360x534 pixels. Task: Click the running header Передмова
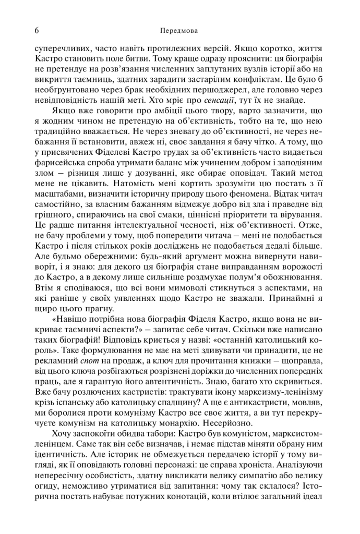pyautogui.click(x=179, y=30)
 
